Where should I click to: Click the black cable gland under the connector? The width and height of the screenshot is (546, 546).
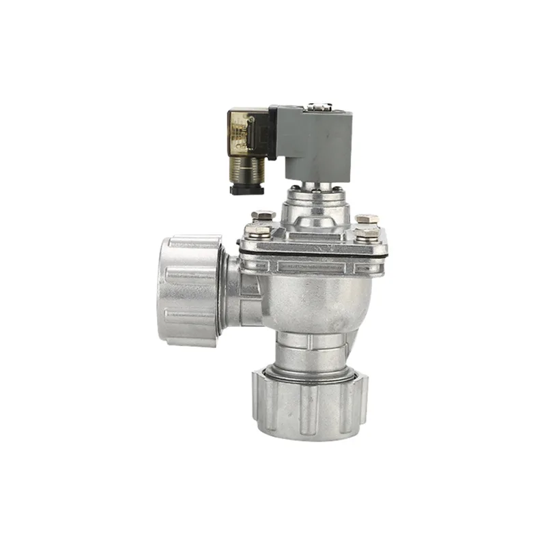coord(246,188)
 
